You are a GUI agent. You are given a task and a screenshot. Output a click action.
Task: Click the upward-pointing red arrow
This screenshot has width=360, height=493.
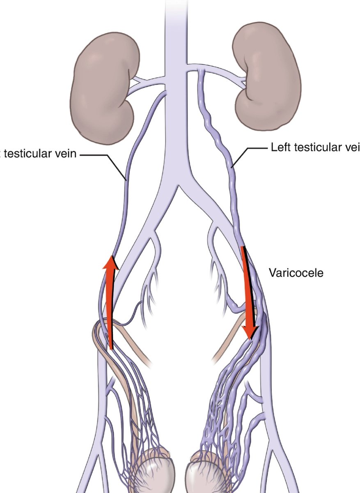[110, 304]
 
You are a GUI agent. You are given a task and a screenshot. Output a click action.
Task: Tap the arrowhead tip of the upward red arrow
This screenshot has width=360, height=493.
[110, 256]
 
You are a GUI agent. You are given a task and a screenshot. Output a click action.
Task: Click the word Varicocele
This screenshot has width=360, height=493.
[296, 272]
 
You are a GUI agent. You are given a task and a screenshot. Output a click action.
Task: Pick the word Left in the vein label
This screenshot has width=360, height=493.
[279, 147]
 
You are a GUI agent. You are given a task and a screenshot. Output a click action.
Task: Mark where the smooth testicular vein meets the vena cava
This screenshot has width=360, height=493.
[165, 93]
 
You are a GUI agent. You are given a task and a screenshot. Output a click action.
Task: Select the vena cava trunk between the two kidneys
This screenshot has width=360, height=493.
[177, 82]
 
